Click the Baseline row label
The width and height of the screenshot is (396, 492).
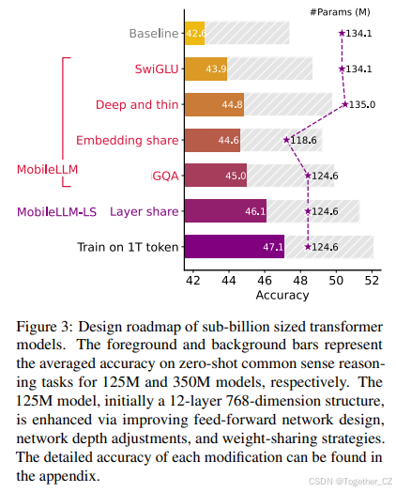pyautogui.click(x=153, y=34)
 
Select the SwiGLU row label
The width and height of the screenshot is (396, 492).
pyautogui.click(x=156, y=69)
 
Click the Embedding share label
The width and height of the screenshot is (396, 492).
pyautogui.click(x=127, y=141)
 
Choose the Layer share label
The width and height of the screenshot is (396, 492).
pyautogui.click(x=144, y=212)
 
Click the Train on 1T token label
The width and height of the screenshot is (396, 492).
pyautogui.click(x=128, y=248)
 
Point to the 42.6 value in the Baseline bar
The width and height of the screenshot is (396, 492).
pyautogui.click(x=196, y=34)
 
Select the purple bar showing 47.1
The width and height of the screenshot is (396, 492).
pyautogui.click(x=235, y=248)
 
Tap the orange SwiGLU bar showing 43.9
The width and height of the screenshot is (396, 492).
pyautogui.click(x=206, y=69)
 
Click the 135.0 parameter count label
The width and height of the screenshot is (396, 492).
pyautogui.click(x=363, y=105)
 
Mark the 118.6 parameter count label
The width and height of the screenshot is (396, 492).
pyautogui.click(x=303, y=141)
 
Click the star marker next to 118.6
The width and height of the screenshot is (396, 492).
pyautogui.click(x=285, y=141)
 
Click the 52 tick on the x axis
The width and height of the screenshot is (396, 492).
pyautogui.click(x=372, y=280)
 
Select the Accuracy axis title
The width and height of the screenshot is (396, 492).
pyautogui.click(x=282, y=295)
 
